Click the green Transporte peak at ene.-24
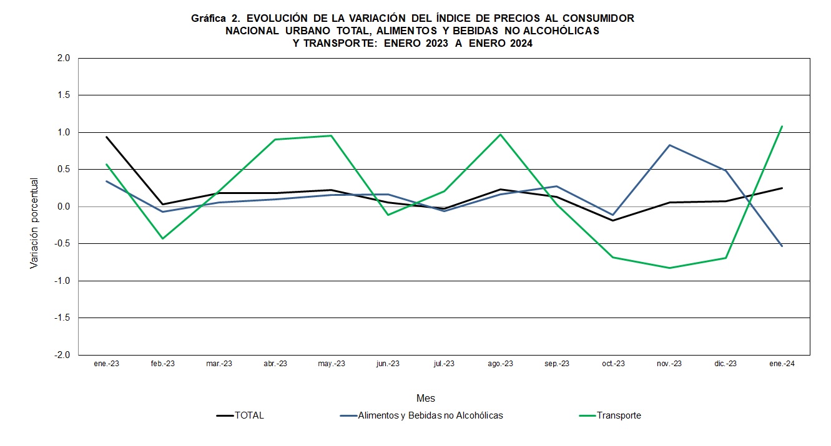[782, 126]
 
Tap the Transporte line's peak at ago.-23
[500, 134]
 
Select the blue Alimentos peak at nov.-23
[669, 145]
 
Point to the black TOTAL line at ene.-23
[106, 137]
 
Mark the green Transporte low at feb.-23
[162, 239]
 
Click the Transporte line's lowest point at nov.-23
[669, 268]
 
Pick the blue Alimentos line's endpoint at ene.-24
[782, 246]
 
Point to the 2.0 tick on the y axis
[65, 58]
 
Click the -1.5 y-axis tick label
[64, 318]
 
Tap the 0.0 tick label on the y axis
[65, 206]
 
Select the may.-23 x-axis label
[332, 364]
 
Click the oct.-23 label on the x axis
[613, 364]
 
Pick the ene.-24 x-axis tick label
[782, 364]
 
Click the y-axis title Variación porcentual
[34, 223]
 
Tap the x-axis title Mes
[426, 398]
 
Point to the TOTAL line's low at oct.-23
[613, 220]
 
